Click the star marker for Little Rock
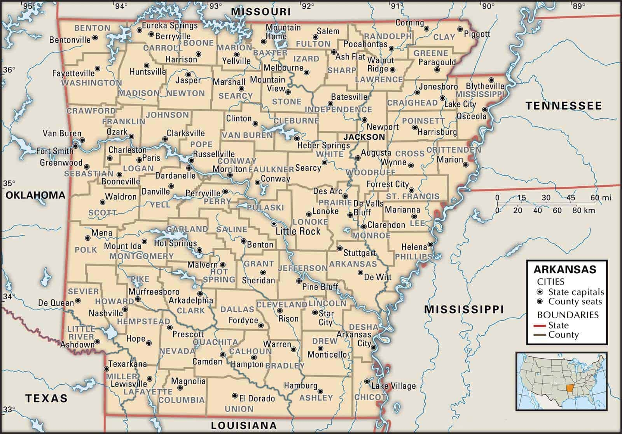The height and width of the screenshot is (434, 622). click(274, 223)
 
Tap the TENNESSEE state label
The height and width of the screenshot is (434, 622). click(563, 106)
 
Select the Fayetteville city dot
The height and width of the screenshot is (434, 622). click(97, 69)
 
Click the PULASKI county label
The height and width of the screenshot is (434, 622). click(265, 208)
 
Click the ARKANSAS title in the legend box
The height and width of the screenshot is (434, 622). click(565, 269)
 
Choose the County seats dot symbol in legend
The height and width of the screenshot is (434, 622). click(540, 302)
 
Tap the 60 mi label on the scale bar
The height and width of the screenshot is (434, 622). click(601, 198)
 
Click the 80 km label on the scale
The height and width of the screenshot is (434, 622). click(586, 210)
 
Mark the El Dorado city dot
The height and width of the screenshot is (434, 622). click(234, 396)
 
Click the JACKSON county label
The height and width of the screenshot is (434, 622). click(364, 137)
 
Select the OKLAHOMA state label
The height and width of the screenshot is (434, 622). click(35, 195)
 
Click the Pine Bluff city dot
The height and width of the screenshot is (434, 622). click(299, 281)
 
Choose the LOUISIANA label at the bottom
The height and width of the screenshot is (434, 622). click(244, 425)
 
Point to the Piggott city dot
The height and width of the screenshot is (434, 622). click(460, 29)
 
